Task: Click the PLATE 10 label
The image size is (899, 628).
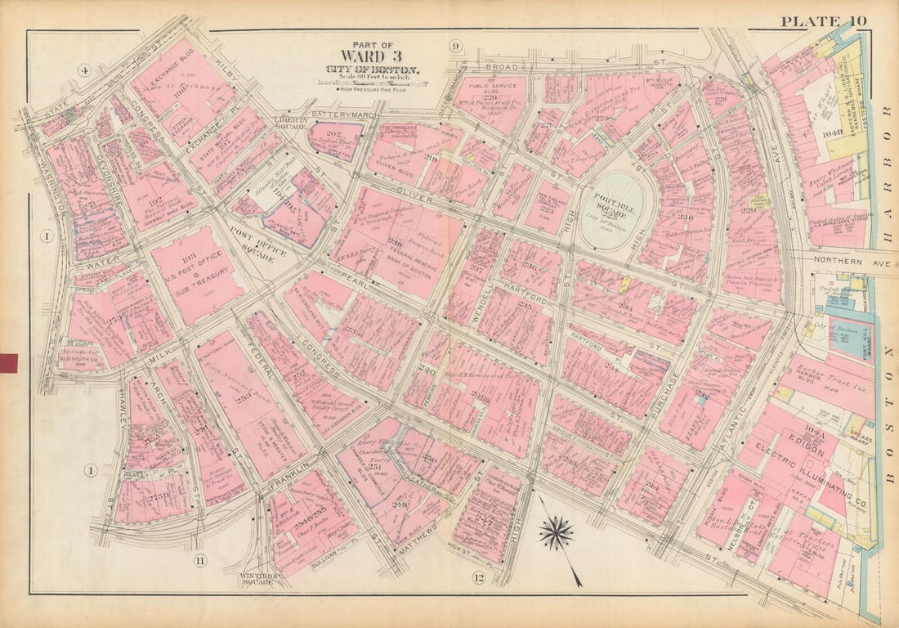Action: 823,21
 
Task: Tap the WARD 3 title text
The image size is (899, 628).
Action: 373,57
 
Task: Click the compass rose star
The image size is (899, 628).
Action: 557,533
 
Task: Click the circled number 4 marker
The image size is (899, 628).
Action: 83,70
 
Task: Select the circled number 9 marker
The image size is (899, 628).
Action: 455,46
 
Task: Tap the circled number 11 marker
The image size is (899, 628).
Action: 200,560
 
